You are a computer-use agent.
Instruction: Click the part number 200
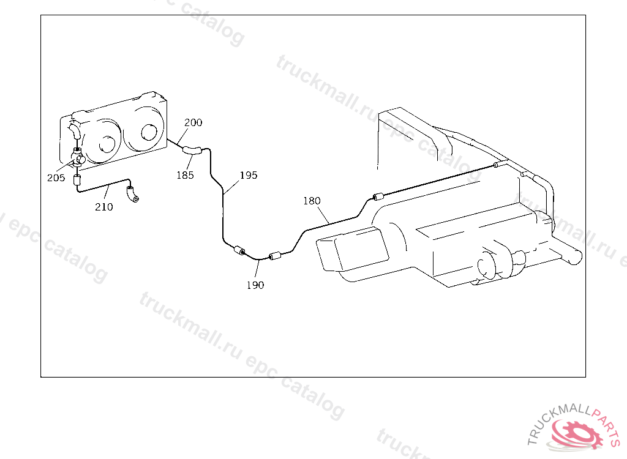point(193,122)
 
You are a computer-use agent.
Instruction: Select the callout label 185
point(185,175)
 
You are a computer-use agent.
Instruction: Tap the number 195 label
point(249,175)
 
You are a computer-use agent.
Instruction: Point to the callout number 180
point(312,201)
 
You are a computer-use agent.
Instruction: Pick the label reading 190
point(255,285)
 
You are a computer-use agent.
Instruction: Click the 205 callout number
point(56,178)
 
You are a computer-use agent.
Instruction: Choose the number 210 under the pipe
point(103,207)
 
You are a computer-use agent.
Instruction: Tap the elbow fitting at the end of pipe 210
point(132,195)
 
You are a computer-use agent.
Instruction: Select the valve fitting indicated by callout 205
point(78,158)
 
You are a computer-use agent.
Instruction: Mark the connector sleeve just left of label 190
point(240,251)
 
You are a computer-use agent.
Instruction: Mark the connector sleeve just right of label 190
point(274,255)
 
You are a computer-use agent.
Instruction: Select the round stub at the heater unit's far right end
point(573,256)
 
